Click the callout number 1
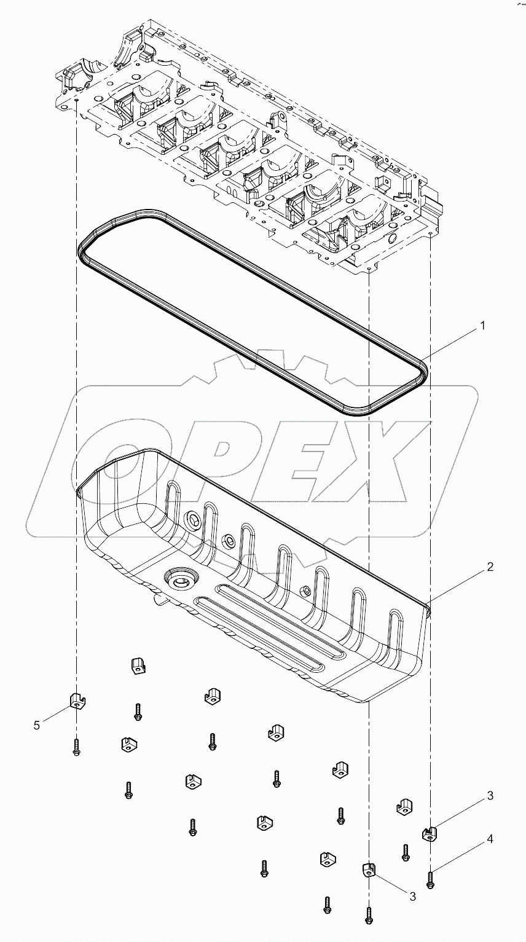pyautogui.click(x=482, y=326)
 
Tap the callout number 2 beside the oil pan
pyautogui.click(x=490, y=567)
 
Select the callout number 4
pyautogui.click(x=490, y=839)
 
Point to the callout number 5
pyautogui.click(x=37, y=725)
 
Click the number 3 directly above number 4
pyautogui.click(x=490, y=796)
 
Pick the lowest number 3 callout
pyautogui.click(x=413, y=897)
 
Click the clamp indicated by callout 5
pyautogui.click(x=76, y=700)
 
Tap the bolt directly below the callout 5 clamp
pyautogui.click(x=76, y=747)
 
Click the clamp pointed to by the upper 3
pyautogui.click(x=430, y=833)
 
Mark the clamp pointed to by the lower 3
pyautogui.click(x=367, y=869)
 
